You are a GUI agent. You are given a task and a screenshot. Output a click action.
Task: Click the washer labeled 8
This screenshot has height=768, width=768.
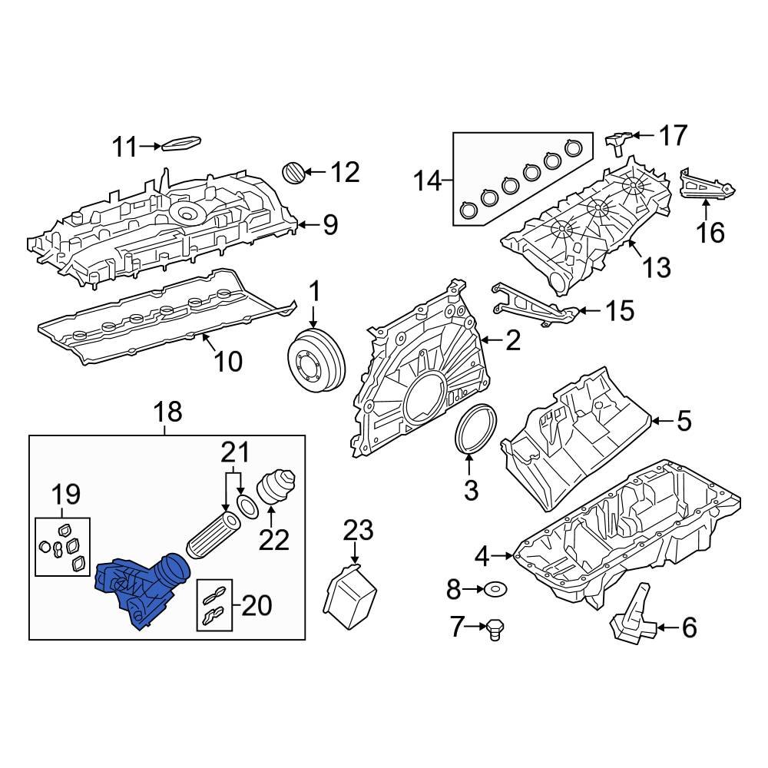click(495, 589)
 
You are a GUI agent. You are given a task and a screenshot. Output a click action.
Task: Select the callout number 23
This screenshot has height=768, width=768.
click(357, 530)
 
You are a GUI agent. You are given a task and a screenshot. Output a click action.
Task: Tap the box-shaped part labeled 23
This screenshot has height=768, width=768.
click(353, 592)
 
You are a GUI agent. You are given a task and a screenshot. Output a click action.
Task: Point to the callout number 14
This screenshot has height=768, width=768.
click(429, 182)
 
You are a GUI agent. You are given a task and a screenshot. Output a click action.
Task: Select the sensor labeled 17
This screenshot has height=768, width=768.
click(619, 141)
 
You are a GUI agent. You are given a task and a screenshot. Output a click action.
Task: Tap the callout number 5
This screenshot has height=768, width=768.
click(684, 420)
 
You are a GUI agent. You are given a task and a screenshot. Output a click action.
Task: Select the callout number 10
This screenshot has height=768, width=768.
click(228, 360)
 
